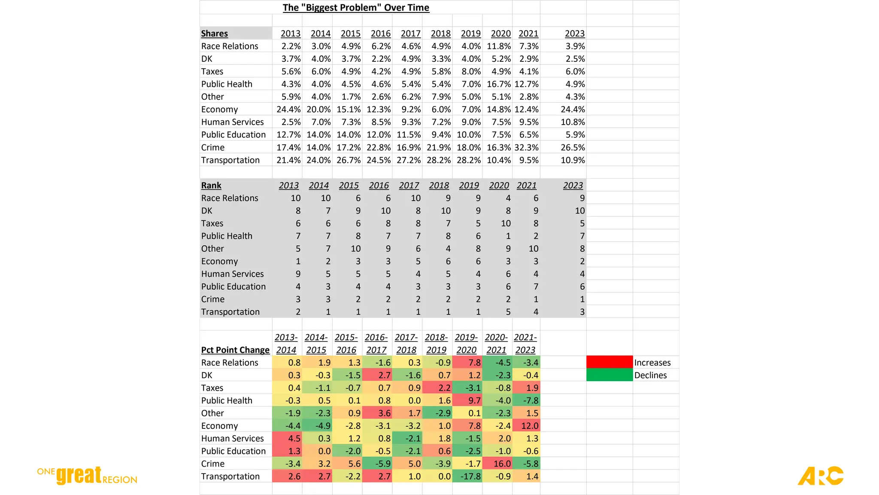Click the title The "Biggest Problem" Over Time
point(356,8)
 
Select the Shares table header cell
point(215,34)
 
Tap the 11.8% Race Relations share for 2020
point(499,46)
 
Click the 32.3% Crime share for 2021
point(527,147)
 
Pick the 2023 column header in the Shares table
point(575,34)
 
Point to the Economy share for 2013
point(288,110)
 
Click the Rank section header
point(211,186)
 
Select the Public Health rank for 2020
point(508,236)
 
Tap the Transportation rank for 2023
point(582,312)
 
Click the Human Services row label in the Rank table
point(233,274)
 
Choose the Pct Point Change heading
point(235,350)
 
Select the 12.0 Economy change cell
point(530,426)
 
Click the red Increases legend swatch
point(609,362)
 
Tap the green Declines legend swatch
point(609,375)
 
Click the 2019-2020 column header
point(466,344)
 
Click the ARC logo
point(821,476)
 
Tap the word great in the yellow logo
point(79,475)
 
